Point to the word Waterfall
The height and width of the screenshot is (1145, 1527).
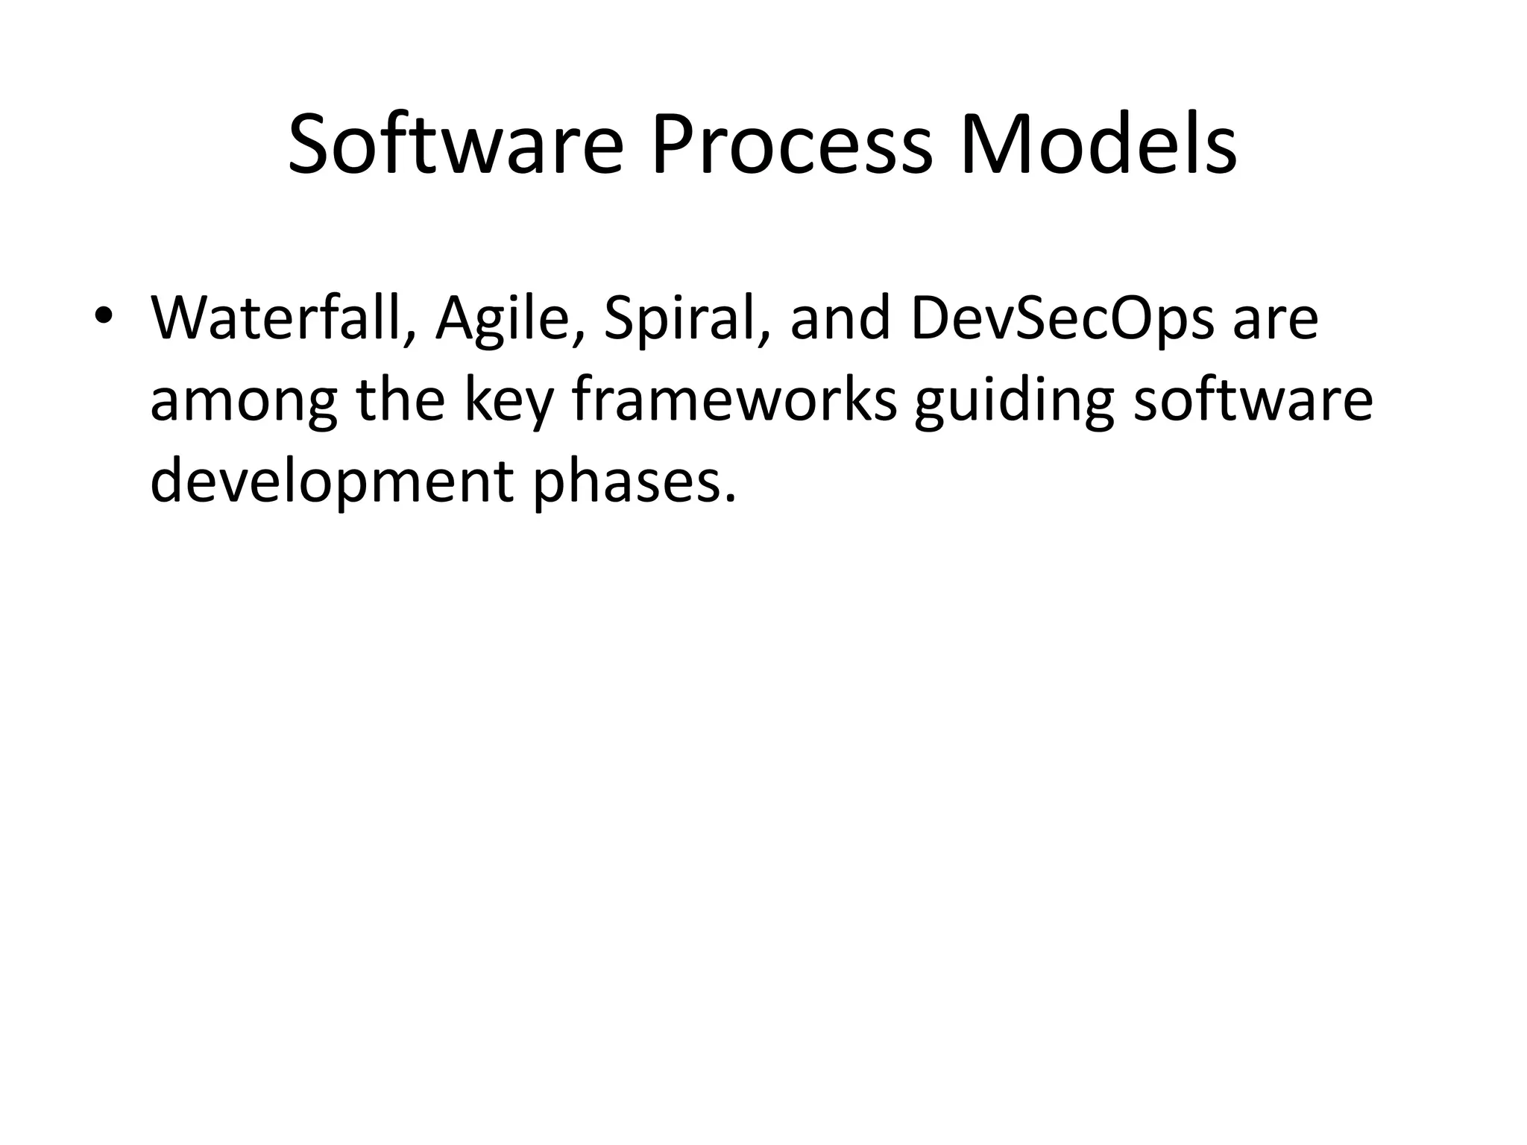click(x=276, y=318)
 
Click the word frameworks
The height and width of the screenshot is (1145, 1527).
click(x=734, y=400)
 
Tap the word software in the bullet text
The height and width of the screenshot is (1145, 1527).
click(x=1253, y=400)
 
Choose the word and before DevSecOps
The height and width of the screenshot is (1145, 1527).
click(x=840, y=318)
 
